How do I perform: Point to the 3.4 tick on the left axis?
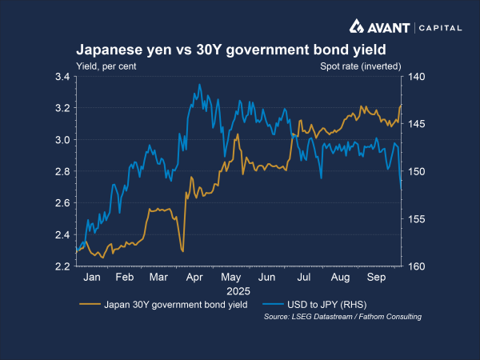point(62,77)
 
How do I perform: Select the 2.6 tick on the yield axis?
point(62,203)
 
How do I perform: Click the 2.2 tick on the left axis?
point(62,266)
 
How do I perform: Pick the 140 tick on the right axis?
point(418,77)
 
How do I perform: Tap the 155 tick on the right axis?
point(418,219)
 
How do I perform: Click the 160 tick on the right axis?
point(418,266)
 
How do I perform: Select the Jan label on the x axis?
point(92,278)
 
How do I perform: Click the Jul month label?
point(304,278)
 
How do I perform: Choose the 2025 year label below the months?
point(238,290)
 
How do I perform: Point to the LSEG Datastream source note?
point(342,317)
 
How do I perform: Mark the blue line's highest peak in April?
point(199,85)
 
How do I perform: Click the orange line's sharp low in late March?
point(183,252)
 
